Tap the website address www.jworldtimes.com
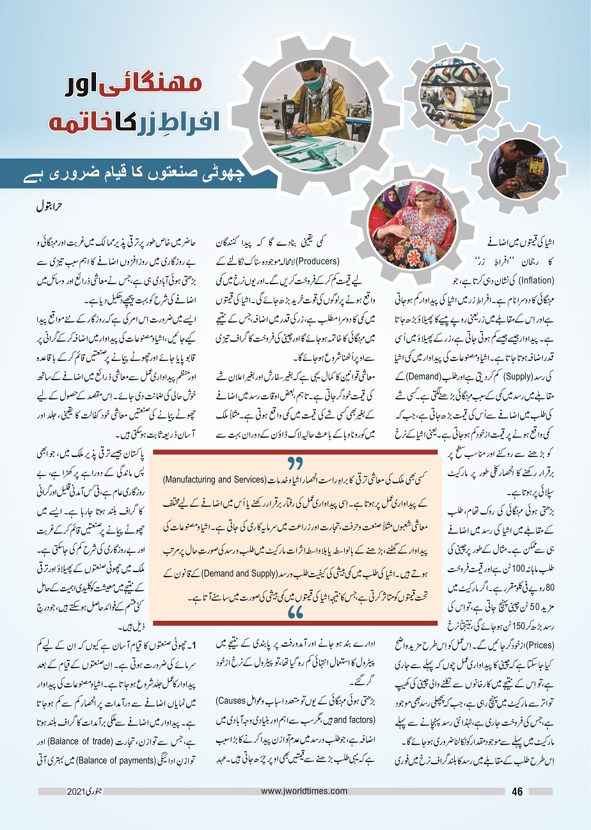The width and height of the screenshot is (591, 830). (303, 792)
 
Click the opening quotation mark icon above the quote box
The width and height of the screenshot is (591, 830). (295, 462)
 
